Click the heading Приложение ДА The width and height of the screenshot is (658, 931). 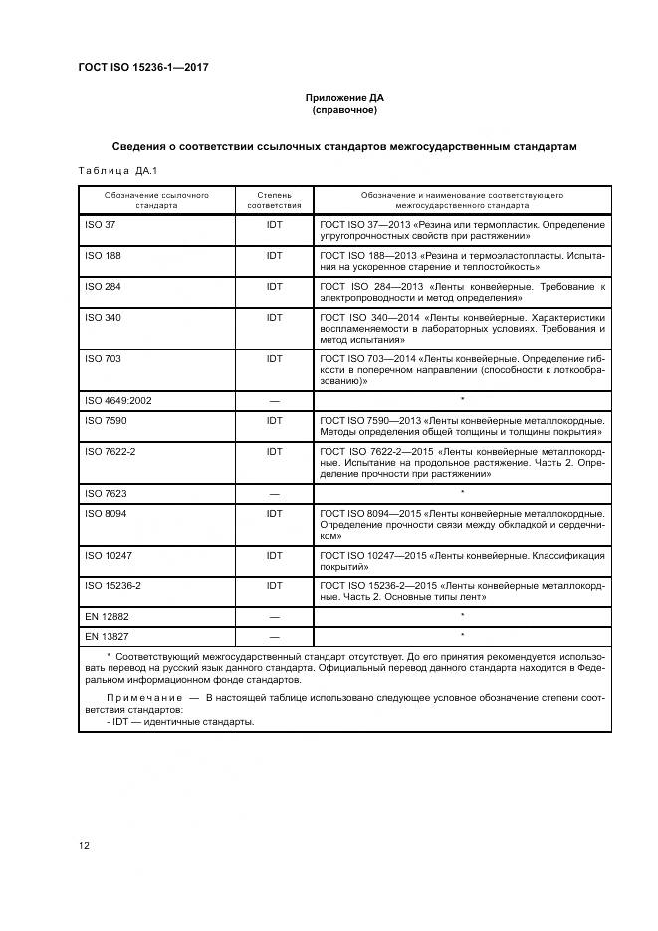pos(343,97)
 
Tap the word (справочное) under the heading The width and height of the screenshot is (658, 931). pos(343,109)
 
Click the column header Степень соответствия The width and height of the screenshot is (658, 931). pos(274,199)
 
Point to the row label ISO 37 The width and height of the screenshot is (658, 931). pos(101,225)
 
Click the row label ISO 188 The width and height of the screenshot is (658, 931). pos(104,256)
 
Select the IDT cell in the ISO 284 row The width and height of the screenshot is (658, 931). pos(274,287)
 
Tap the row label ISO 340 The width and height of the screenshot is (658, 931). pos(104,318)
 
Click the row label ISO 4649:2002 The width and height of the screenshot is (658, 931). pos(118,400)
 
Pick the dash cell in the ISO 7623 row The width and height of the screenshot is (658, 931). pos(274,493)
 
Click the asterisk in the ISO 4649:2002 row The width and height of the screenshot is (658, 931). pos(462,400)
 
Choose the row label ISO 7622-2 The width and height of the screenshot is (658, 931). pos(110,451)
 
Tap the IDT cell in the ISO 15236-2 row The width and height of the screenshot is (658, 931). pos(274,585)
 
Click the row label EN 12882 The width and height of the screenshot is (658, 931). pos(107,617)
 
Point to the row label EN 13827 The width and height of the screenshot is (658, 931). pos(107,635)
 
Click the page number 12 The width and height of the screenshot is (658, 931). pos(85,845)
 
